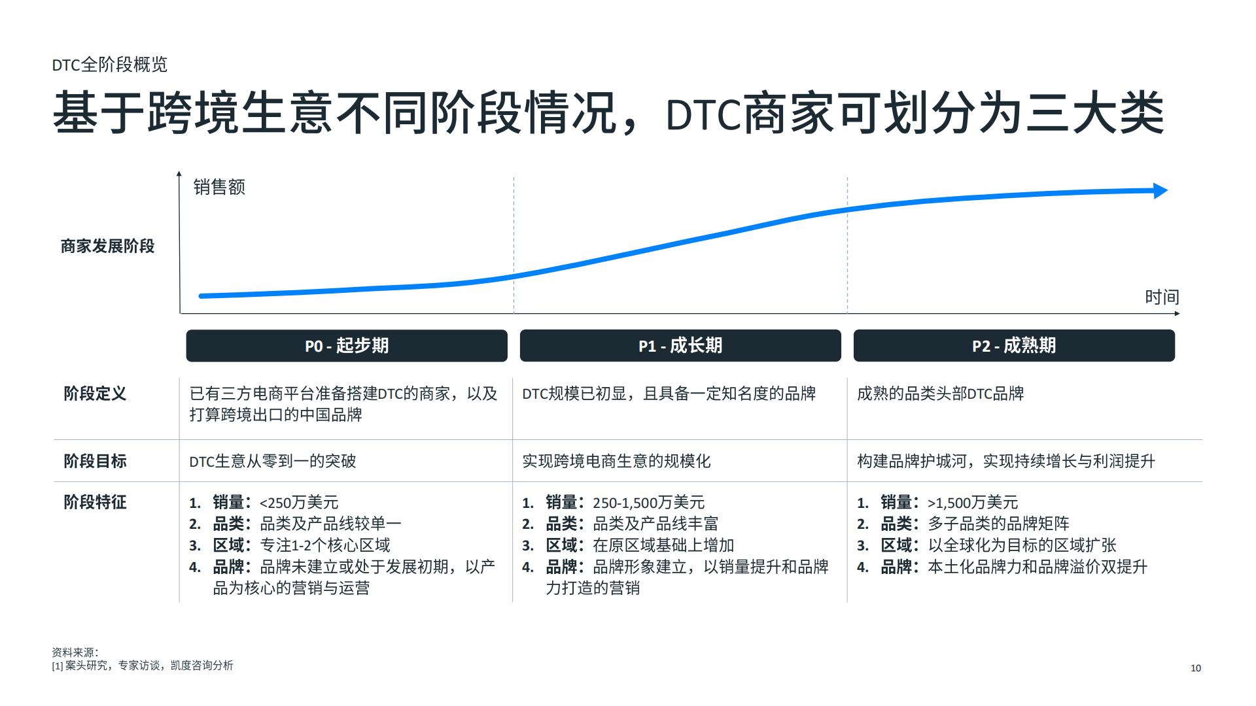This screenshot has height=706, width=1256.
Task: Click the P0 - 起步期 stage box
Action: [347, 346]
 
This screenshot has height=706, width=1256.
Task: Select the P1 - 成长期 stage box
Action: [680, 346]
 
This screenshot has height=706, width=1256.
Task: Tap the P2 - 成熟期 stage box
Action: [1014, 346]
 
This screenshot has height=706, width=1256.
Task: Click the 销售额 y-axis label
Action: [219, 188]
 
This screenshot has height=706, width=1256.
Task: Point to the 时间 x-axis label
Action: [1162, 297]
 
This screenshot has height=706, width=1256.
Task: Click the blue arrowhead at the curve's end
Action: [1160, 191]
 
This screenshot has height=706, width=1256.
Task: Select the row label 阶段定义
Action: [95, 394]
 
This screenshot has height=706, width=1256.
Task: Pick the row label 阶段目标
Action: [95, 461]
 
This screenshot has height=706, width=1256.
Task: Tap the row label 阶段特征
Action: [95, 502]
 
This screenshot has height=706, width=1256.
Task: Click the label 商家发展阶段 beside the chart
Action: [107, 246]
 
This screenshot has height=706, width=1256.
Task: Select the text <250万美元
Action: [299, 503]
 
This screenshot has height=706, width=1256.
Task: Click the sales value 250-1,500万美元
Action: [648, 503]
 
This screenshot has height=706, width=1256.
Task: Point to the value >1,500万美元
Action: [973, 503]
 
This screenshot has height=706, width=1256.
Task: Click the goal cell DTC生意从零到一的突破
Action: [273, 462]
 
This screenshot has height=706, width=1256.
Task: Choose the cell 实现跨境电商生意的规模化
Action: [616, 462]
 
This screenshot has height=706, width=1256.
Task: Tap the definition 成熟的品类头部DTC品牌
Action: [941, 394]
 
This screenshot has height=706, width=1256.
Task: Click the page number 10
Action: [1196, 668]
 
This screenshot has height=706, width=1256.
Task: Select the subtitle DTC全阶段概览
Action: [110, 65]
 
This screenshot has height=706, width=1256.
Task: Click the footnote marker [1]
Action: [58, 666]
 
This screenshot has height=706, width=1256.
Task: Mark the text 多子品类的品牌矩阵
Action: [999, 524]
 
